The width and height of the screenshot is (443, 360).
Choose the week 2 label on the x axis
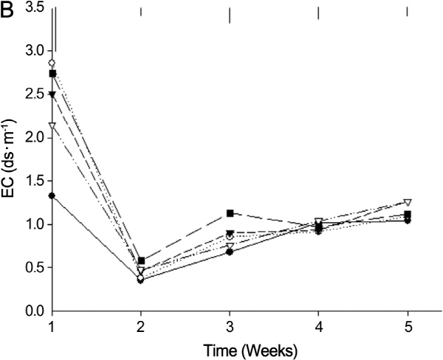tap(141, 325)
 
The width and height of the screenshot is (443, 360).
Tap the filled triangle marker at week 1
tap(52, 94)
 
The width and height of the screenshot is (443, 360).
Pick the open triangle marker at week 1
tap(52, 126)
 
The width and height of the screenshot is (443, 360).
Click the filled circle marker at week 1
tap(52, 195)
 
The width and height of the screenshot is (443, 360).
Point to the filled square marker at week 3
tap(230, 213)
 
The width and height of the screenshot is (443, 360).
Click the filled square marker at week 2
tap(141, 260)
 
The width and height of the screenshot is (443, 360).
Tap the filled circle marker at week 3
tap(230, 252)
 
